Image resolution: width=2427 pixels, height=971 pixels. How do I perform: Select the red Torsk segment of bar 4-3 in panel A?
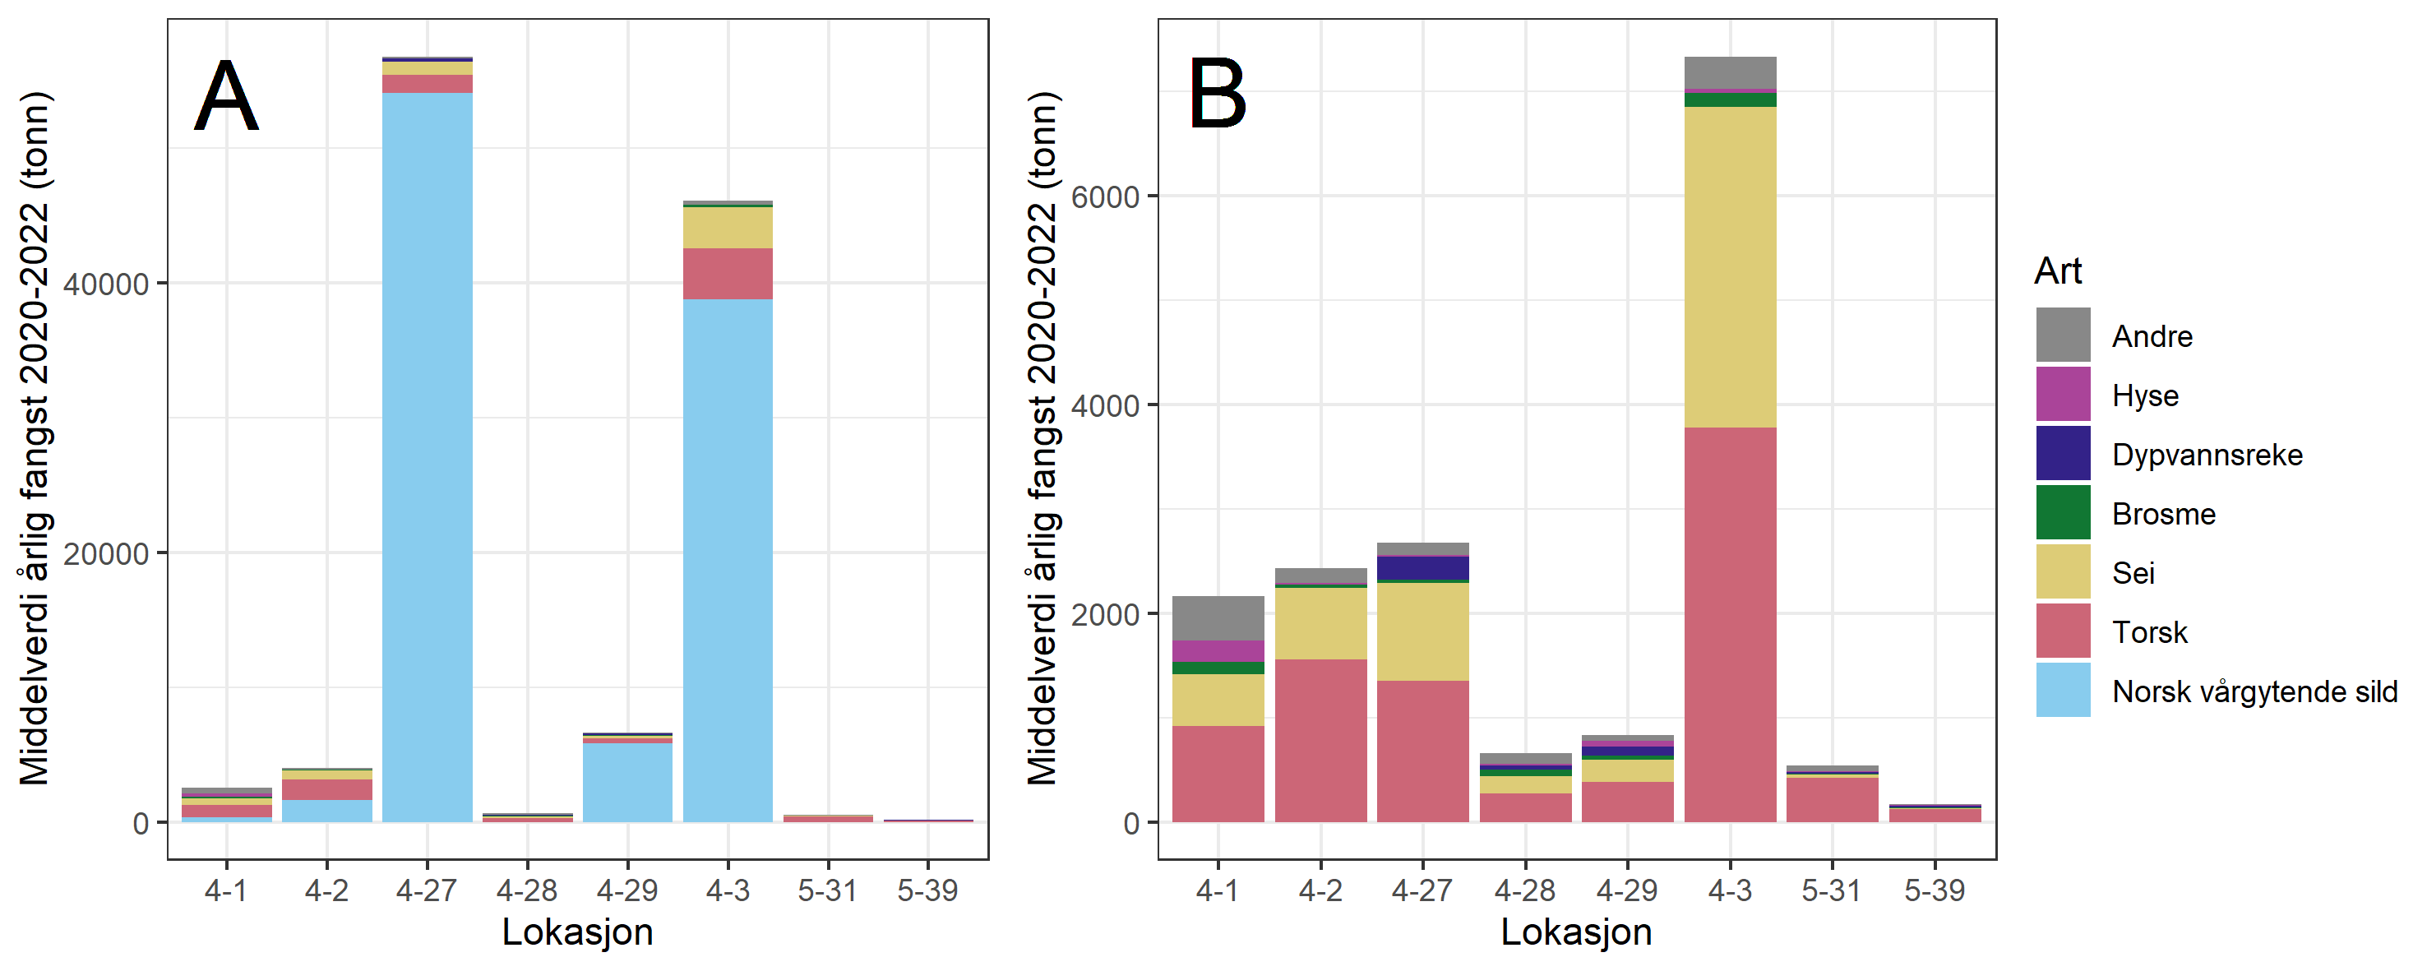pos(728,274)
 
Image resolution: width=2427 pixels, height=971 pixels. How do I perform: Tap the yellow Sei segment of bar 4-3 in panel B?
pos(1730,267)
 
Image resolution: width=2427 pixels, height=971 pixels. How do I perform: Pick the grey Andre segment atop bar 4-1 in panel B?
pos(1218,617)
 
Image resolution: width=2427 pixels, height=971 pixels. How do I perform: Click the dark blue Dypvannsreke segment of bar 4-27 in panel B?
pos(1422,569)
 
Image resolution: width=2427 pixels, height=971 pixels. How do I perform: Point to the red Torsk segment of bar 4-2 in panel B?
pos(1320,740)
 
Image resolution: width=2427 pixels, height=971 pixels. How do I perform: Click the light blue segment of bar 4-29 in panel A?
pos(627,783)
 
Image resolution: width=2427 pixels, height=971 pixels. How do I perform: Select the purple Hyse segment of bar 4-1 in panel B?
pos(1218,651)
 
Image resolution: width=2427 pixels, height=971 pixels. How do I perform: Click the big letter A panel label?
pos(226,96)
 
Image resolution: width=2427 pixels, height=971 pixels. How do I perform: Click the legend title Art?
pos(2057,271)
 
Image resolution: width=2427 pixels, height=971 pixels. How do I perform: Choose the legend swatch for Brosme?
pos(2063,513)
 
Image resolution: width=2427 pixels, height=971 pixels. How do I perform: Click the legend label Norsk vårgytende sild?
pos(2254,691)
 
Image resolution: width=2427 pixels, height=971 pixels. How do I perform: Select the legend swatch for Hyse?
pos(2063,395)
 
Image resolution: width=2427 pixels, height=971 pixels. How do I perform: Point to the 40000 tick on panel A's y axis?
pos(105,284)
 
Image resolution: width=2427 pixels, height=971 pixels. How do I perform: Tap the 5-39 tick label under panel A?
pos(927,890)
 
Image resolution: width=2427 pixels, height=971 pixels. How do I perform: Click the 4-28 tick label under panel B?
pos(1524,890)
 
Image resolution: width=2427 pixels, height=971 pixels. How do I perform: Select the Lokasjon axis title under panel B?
pos(1575,932)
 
